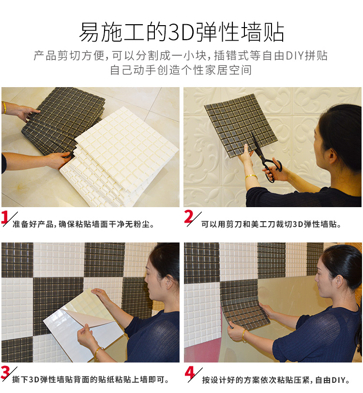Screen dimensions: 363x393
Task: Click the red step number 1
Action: click(5, 217)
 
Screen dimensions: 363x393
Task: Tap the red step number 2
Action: click(189, 216)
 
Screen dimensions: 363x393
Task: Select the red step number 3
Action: click(5, 373)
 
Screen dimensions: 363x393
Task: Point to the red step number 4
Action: click(190, 373)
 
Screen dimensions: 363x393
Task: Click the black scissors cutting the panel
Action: click(266, 157)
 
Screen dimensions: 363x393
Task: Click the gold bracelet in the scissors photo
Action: click(251, 177)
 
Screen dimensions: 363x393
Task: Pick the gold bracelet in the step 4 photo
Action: click(243, 336)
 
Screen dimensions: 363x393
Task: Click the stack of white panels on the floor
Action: click(119, 157)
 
